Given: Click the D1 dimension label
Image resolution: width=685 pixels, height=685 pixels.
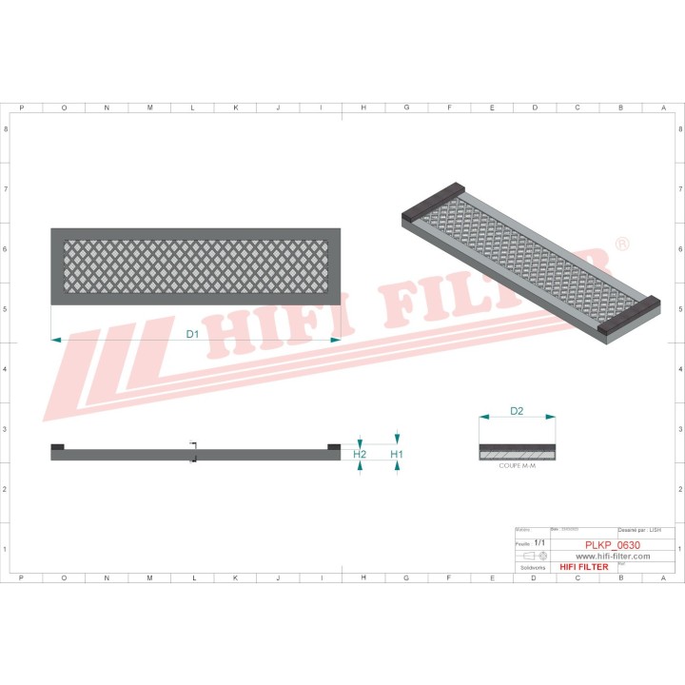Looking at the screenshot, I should click(191, 334).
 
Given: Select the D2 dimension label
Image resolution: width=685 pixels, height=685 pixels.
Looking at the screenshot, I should click(517, 412).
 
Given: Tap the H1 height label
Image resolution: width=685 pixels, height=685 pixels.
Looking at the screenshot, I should click(397, 455).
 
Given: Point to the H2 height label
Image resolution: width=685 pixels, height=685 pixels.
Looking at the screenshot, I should click(360, 455).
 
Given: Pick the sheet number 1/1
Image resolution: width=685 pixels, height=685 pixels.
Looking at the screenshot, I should click(540, 541).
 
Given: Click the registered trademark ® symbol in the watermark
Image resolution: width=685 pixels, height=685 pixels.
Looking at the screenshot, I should click(622, 245).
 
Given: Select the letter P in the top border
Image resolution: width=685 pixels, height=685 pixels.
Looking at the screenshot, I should click(21, 108).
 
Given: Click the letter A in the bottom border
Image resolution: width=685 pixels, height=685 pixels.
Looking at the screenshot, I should click(663, 577).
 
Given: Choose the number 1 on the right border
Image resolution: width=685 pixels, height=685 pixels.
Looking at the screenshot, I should click(678, 549).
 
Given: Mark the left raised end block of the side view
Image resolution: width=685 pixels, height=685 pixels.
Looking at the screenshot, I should click(57, 446).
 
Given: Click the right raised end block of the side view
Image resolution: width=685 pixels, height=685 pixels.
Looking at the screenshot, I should click(333, 446).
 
